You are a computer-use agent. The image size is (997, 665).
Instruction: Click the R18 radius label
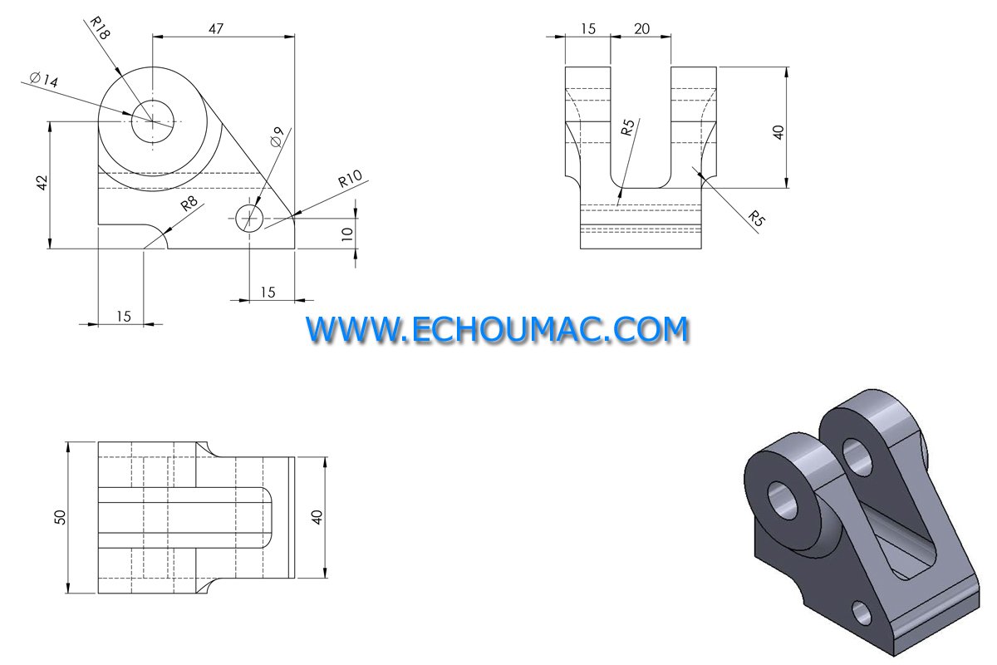[x=100, y=28]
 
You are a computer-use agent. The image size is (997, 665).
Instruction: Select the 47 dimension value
[x=216, y=29]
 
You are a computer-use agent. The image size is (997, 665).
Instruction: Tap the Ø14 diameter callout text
[x=43, y=80]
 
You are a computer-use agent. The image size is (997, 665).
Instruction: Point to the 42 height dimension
[x=42, y=183]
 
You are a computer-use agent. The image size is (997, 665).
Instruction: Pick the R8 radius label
[x=189, y=203]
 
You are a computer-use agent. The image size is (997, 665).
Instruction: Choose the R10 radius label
[x=350, y=179]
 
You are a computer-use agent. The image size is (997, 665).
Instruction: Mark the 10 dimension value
[x=347, y=234]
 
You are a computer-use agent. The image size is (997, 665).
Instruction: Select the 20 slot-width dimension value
[x=641, y=29]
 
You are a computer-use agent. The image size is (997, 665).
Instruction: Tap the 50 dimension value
[x=60, y=517]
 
